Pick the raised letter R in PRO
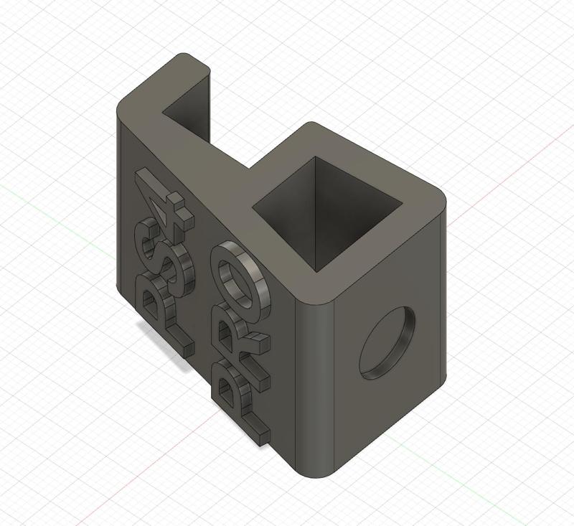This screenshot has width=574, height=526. tap(237, 337)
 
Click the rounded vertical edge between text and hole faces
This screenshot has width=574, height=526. tap(316, 380)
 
